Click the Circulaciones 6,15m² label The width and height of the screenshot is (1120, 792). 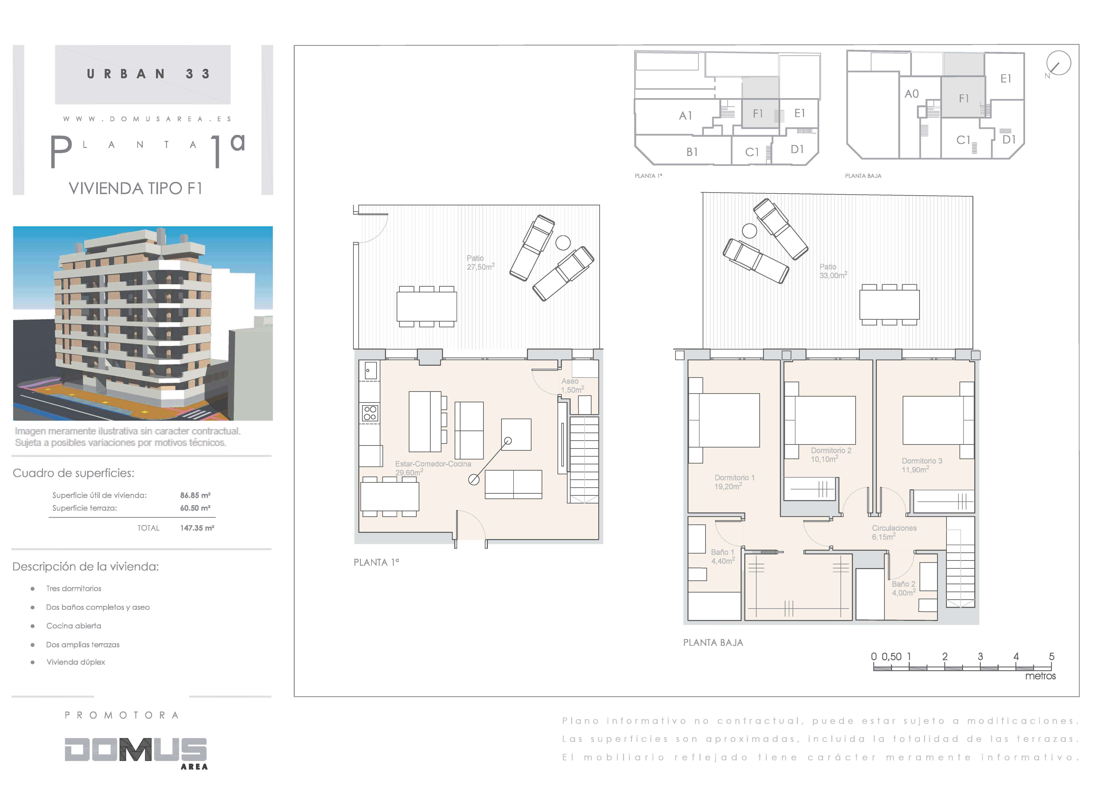pos(894,532)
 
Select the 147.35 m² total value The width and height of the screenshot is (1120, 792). pos(197,528)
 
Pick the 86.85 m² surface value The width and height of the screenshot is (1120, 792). pos(195,495)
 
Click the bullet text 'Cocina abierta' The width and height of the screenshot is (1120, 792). pos(74,626)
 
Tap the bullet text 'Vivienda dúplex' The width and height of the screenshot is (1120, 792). pos(76,662)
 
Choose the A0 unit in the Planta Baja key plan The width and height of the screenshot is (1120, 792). pos(911,94)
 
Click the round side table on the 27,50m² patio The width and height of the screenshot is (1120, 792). pos(563,242)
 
